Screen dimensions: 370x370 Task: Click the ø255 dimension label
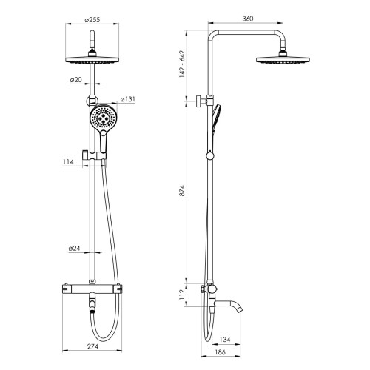[x=92, y=20]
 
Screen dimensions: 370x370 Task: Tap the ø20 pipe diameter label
[x=75, y=80]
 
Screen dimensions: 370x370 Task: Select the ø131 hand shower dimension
[x=128, y=99]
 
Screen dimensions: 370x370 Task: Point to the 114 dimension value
[x=68, y=162]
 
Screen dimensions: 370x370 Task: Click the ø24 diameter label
[x=74, y=249]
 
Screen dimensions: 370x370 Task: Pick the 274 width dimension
[x=92, y=346]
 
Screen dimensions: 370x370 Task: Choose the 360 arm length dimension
[x=248, y=18]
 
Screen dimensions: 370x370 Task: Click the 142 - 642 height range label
[x=182, y=64]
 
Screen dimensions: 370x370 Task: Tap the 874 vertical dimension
[x=182, y=190]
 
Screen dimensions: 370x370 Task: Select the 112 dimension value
[x=182, y=295]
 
